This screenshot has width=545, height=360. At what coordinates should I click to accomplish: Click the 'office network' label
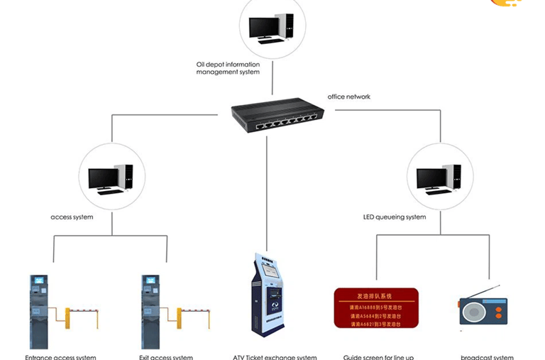[x=348, y=97]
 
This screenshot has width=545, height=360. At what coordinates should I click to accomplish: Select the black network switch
[x=277, y=116]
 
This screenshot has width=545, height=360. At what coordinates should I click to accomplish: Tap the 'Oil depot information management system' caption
[x=228, y=68]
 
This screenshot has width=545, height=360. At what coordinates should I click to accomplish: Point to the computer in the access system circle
[x=111, y=179]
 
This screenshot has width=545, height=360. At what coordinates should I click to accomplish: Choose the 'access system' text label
[x=72, y=217]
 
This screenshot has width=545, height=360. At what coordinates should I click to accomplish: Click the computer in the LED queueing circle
[x=439, y=179]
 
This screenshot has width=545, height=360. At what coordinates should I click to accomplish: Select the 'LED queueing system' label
[x=394, y=217]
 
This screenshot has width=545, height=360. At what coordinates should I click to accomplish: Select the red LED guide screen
[x=376, y=308]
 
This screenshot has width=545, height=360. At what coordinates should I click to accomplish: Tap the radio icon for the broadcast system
[x=483, y=308]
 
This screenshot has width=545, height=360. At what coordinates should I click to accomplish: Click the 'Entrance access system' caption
[x=60, y=356]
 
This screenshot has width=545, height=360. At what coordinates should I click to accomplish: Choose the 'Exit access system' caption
[x=166, y=356]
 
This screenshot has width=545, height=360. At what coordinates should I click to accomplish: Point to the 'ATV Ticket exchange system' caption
[x=275, y=356]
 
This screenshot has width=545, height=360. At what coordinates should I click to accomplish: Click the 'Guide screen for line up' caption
[x=378, y=356]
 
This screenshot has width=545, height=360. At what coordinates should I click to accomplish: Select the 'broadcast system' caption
[x=487, y=356]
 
